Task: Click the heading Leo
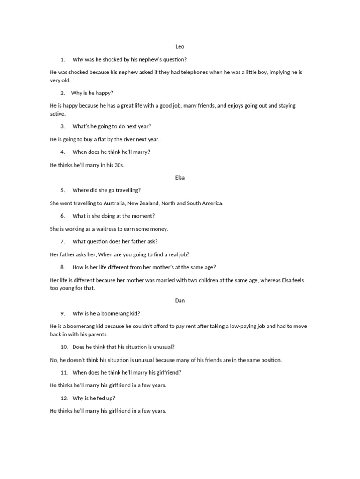pyautogui.click(x=180, y=47)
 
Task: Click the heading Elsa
pyautogui.click(x=180, y=178)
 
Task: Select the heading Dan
pyautogui.click(x=180, y=301)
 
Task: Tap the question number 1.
pyautogui.click(x=63, y=60)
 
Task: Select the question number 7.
pyautogui.click(x=63, y=241)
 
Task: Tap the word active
pyautogui.click(x=58, y=114)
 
